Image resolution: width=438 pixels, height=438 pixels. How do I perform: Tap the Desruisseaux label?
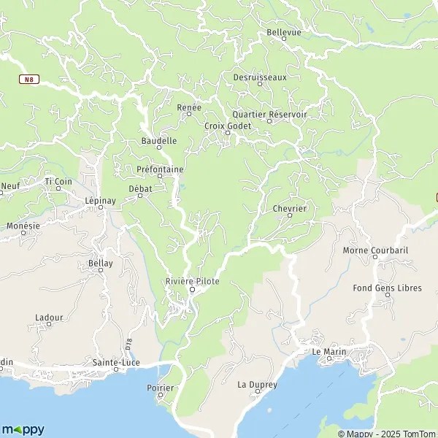pyautogui.click(x=260, y=77)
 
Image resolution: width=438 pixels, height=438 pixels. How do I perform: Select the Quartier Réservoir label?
pyautogui.click(x=269, y=115)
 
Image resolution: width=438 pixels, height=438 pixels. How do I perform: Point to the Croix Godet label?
pyautogui.click(x=227, y=126)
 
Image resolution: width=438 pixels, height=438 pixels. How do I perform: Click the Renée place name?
pyautogui.click(x=188, y=107)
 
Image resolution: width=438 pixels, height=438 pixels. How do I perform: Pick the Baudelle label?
pyautogui.click(x=158, y=141)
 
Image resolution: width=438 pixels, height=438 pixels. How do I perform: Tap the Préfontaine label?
pyautogui.click(x=159, y=169)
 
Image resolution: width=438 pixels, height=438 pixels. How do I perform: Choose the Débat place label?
pyautogui.click(x=139, y=189)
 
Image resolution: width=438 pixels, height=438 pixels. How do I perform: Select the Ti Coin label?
pyautogui.click(x=58, y=181)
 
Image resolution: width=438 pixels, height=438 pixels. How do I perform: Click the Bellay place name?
pyautogui.click(x=100, y=263)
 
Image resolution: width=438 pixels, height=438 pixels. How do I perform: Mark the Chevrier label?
pyautogui.click(x=288, y=209)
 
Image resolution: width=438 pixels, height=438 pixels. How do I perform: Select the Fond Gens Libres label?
pyautogui.click(x=387, y=288)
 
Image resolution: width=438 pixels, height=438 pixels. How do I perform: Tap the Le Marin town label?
pyautogui.click(x=327, y=352)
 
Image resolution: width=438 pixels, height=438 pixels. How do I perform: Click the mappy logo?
pyautogui.click(x=23, y=430)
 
